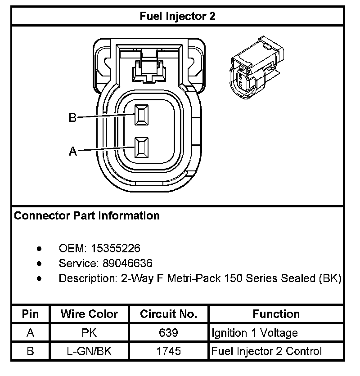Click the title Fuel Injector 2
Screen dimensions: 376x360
(x=177, y=17)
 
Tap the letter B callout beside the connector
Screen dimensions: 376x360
(x=72, y=118)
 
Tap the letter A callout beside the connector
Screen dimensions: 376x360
(x=72, y=152)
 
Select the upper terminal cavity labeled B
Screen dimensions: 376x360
(x=142, y=114)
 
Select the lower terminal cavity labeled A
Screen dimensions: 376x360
(x=142, y=147)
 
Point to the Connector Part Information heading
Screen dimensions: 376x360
(x=87, y=215)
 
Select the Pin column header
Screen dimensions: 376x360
(x=30, y=314)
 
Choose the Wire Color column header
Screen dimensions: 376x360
(x=89, y=314)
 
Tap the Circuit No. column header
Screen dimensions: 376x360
(x=169, y=314)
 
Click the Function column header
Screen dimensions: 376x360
(x=276, y=314)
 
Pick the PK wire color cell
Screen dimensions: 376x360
(x=89, y=333)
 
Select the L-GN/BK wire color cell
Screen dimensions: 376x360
(x=89, y=351)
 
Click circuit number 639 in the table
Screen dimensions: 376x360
(x=169, y=333)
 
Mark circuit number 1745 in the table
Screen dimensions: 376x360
(x=169, y=351)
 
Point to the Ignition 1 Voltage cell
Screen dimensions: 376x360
(x=255, y=333)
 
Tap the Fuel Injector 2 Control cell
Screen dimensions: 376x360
(x=266, y=351)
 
